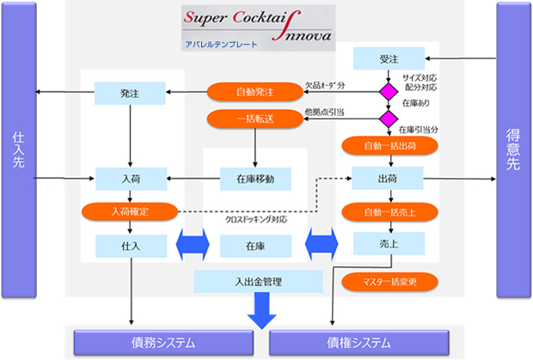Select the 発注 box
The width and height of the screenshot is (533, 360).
tap(129, 89)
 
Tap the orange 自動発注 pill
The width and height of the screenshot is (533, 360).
tap(254, 89)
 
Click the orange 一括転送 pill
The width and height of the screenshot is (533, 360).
tap(254, 119)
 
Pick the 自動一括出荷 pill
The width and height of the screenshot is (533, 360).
tap(387, 145)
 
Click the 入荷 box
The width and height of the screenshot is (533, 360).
tap(129, 179)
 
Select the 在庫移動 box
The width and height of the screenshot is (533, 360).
tap(255, 179)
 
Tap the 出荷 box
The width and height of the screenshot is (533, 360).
tap(388, 179)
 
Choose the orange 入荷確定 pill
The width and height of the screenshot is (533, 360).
tap(129, 211)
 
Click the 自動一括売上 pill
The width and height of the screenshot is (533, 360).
tap(387, 211)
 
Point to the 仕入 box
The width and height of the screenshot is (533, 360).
tap(129, 246)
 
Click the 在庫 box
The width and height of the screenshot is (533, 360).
tap(255, 246)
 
